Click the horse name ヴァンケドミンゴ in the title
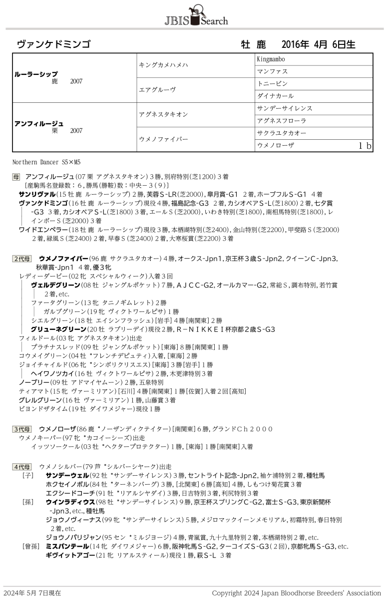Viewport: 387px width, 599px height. tap(53, 44)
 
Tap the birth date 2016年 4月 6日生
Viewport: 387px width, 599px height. tap(318, 44)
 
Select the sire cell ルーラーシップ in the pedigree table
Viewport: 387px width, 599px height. tap(36, 74)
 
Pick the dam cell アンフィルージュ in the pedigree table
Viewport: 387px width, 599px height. tap(39, 123)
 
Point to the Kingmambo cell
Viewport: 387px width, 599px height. tap(271, 59)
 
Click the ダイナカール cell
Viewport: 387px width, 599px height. tap(275, 96)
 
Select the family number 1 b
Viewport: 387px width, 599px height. tap(365, 146)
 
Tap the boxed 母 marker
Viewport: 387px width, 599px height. tap(16, 177)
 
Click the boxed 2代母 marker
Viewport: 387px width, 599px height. tap(22, 259)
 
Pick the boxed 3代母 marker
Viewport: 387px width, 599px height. tap(22, 429)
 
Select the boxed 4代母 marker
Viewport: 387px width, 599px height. tap(22, 467)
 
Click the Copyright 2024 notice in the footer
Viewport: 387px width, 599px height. tap(296, 593)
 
